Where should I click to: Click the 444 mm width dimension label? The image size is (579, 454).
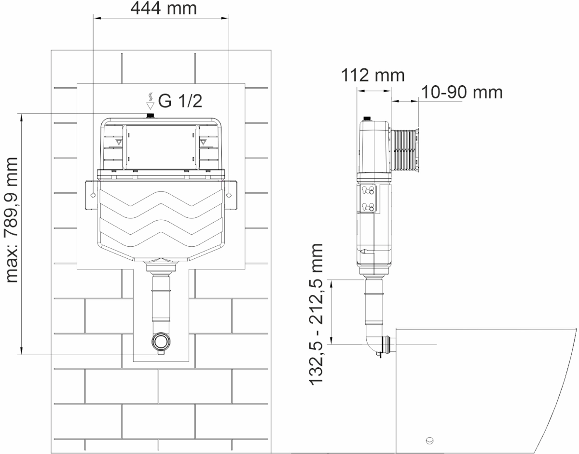(x=164, y=8)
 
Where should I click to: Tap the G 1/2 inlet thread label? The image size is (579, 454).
(x=180, y=101)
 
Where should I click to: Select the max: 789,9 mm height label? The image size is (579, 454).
(x=12, y=220)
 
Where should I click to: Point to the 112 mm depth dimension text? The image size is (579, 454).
(x=373, y=75)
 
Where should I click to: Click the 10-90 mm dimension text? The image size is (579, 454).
(x=462, y=93)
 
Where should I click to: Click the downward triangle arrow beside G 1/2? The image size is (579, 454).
(x=151, y=106)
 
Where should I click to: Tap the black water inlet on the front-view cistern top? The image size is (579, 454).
(x=151, y=116)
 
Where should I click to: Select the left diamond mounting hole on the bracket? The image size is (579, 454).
(x=93, y=195)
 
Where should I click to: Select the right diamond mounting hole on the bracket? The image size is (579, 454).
(x=229, y=195)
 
